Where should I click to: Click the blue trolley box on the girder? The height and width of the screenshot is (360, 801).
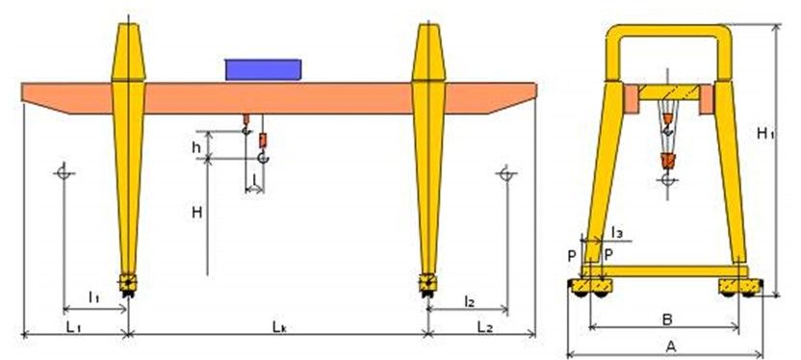(x=263, y=69)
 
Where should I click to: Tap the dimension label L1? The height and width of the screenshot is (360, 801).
(x=74, y=327)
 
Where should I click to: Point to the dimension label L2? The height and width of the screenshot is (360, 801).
(x=485, y=327)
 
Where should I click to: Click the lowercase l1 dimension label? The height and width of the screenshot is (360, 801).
(x=93, y=296)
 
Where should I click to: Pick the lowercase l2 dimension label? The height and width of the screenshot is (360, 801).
(x=470, y=302)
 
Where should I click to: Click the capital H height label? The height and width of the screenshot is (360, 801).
(x=197, y=213)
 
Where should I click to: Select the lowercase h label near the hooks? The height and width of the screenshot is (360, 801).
(x=196, y=147)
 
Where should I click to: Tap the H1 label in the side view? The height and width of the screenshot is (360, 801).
(x=765, y=134)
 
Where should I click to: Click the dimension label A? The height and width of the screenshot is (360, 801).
(x=671, y=347)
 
